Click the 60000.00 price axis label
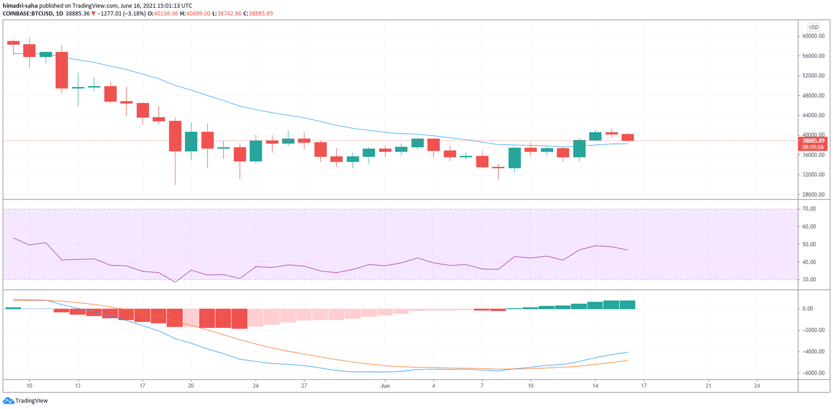coord(813,36)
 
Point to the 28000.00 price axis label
coord(813,194)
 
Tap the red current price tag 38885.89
coord(813,141)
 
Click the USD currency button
coord(813,27)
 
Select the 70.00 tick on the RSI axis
coord(809,209)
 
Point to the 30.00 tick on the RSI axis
coord(809,280)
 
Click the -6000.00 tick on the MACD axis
coord(813,373)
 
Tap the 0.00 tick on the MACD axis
coord(807,309)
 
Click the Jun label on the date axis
coord(385,386)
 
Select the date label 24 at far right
coord(757,386)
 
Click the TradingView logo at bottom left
coord(26,401)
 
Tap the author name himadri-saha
coord(20,6)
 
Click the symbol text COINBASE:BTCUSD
coord(28,14)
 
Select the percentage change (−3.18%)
coord(134,14)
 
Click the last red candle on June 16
coord(627,138)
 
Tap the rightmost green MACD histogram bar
coord(627,305)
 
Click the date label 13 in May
coord(78,386)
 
